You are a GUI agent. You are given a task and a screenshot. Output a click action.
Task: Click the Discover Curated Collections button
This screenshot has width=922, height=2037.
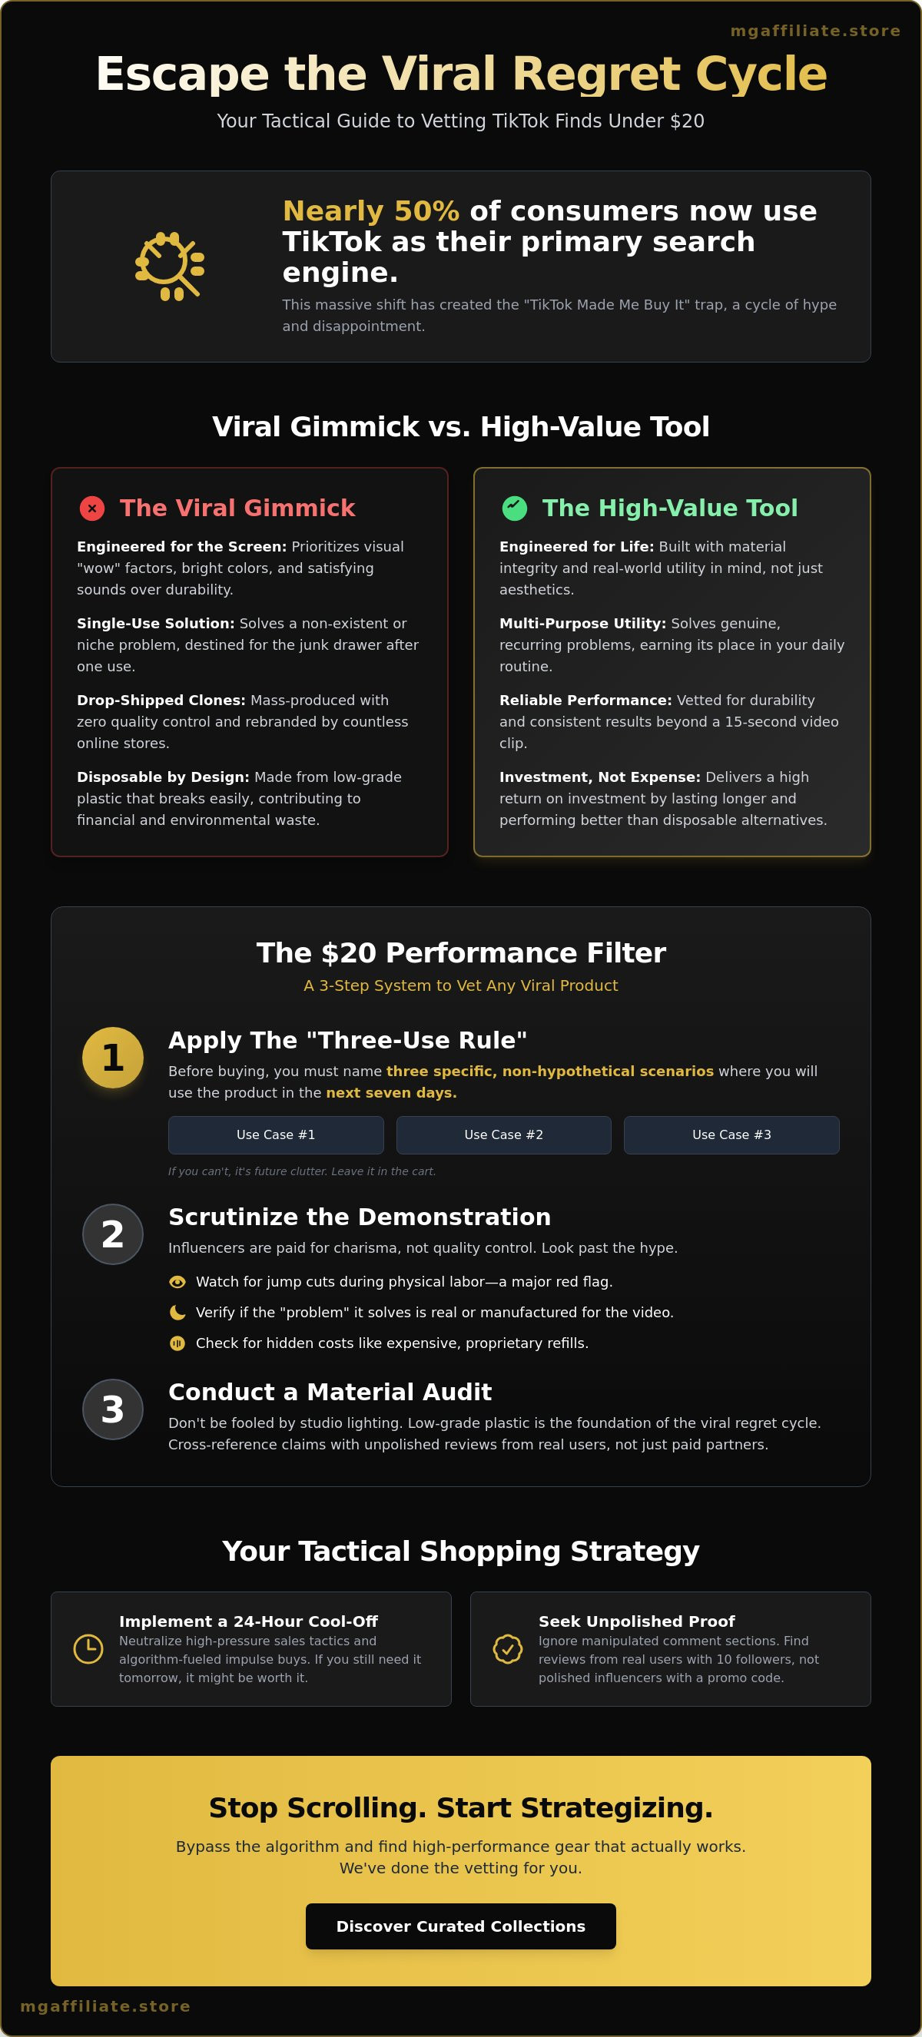pyautogui.click(x=460, y=1926)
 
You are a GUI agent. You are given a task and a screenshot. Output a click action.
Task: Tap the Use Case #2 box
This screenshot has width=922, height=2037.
pyautogui.click(x=504, y=1134)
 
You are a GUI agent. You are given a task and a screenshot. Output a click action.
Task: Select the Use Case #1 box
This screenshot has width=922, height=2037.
pyautogui.click(x=276, y=1134)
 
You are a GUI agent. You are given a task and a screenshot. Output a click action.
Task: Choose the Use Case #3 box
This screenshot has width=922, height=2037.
pyautogui.click(x=731, y=1134)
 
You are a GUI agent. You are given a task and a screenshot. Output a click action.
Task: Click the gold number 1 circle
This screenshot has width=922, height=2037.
pyautogui.click(x=113, y=1057)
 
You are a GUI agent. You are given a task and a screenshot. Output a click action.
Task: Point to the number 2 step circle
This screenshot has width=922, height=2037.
pyautogui.click(x=113, y=1234)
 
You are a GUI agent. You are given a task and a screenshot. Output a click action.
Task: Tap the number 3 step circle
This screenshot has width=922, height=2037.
pyautogui.click(x=113, y=1409)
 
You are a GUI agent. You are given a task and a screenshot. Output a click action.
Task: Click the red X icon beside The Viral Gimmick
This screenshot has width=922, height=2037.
pyautogui.click(x=92, y=508)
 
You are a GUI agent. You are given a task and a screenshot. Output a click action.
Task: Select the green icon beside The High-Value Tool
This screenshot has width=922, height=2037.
pyautogui.click(x=515, y=508)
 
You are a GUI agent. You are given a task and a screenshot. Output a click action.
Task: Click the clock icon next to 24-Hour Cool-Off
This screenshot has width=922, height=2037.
pyautogui.click(x=88, y=1649)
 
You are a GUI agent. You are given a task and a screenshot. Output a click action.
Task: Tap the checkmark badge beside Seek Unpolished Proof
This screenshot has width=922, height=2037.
pyautogui.click(x=508, y=1649)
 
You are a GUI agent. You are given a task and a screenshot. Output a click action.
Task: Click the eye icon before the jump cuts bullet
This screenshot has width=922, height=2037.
pyautogui.click(x=177, y=1282)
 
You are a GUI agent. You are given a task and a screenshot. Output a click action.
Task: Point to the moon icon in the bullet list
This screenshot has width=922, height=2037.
pyautogui.click(x=177, y=1313)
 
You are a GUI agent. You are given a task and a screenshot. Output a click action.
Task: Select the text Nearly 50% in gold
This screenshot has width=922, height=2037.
pyautogui.click(x=371, y=211)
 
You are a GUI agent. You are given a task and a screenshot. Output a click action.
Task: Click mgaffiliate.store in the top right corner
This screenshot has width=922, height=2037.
pyautogui.click(x=815, y=31)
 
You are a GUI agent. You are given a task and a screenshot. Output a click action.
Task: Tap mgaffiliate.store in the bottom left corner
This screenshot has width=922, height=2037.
pyautogui.click(x=105, y=2006)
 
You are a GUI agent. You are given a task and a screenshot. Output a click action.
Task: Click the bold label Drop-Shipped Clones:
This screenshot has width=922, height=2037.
pyautogui.click(x=161, y=700)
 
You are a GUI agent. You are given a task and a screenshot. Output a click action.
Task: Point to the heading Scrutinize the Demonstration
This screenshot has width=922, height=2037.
pyautogui.click(x=360, y=1217)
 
